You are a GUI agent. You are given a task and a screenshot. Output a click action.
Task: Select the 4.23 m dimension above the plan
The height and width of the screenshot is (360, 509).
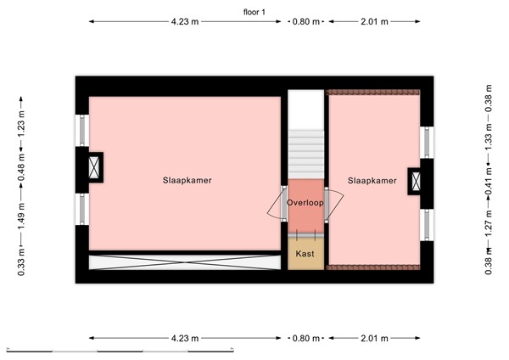point(184,22)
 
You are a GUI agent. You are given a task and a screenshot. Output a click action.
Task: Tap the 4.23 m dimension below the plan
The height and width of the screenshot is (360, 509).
point(184,338)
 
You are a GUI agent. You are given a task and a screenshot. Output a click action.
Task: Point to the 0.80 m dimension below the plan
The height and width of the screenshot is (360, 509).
point(305,338)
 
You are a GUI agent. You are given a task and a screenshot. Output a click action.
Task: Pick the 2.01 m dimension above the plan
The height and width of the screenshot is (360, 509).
point(374,22)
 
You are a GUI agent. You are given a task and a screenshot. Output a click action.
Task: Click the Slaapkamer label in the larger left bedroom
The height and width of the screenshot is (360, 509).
point(187,181)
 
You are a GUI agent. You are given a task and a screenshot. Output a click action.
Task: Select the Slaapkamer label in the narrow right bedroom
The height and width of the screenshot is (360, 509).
point(372,181)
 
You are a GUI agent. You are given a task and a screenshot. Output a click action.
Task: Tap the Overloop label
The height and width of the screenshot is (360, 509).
point(305,203)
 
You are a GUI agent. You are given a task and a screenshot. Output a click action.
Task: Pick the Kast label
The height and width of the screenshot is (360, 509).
point(305,253)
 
